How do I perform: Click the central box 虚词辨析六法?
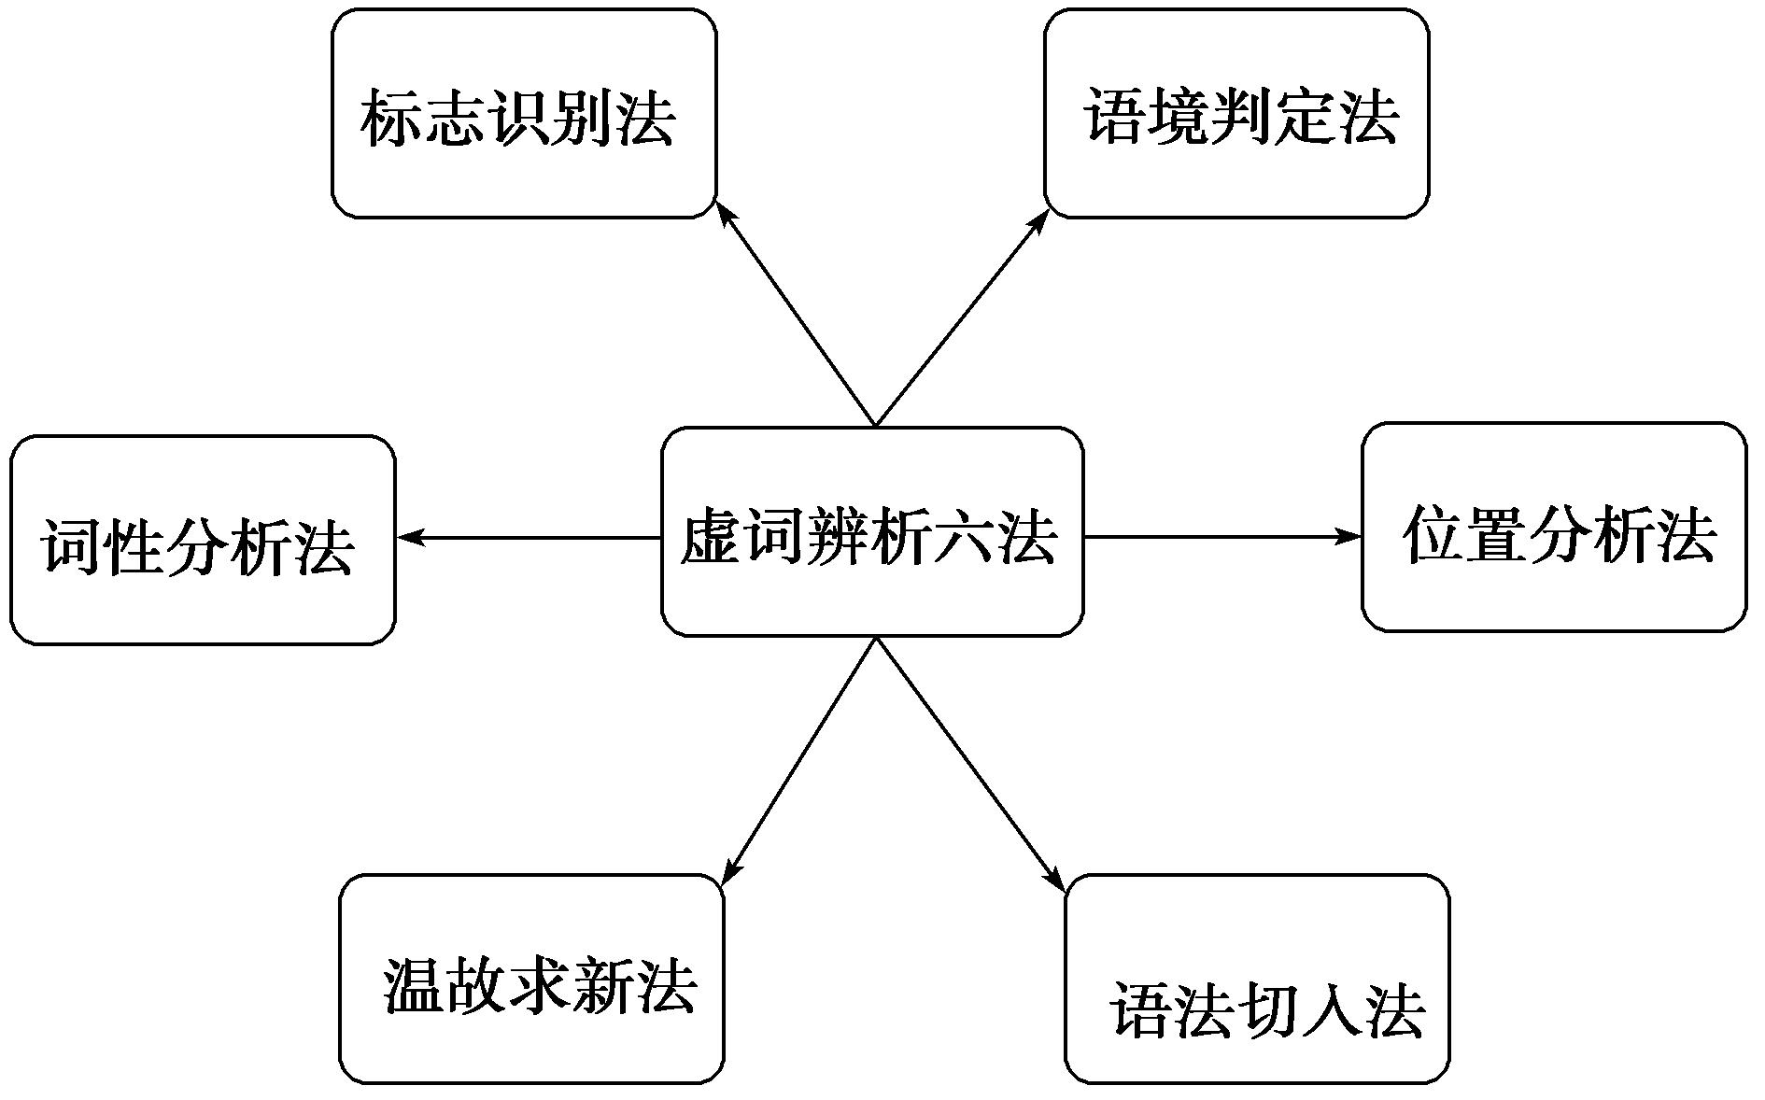click(x=872, y=531)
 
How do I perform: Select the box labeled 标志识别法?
click(x=524, y=113)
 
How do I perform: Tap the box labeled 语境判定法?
click(x=1236, y=113)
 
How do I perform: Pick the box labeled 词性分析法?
click(x=203, y=540)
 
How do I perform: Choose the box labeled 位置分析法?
click(x=1554, y=528)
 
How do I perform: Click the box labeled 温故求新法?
click(x=531, y=979)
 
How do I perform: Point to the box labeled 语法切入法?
click(x=1257, y=979)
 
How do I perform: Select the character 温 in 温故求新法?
click(x=413, y=986)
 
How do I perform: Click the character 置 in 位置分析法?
click(x=1496, y=534)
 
